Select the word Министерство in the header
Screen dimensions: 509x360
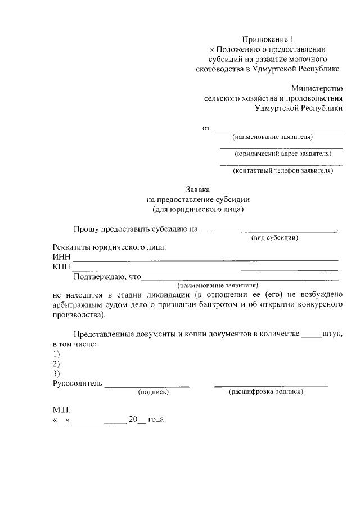[317, 88]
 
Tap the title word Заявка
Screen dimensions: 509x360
[197, 190]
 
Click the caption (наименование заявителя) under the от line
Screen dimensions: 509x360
[273, 137]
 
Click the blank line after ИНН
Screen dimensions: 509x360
[206, 259]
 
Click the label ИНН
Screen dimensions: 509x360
[61, 258]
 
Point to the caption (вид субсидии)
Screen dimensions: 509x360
[274, 237]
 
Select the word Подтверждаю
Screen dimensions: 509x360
[99, 277]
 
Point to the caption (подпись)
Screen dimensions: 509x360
[154, 393]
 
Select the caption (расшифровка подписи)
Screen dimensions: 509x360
[266, 392]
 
